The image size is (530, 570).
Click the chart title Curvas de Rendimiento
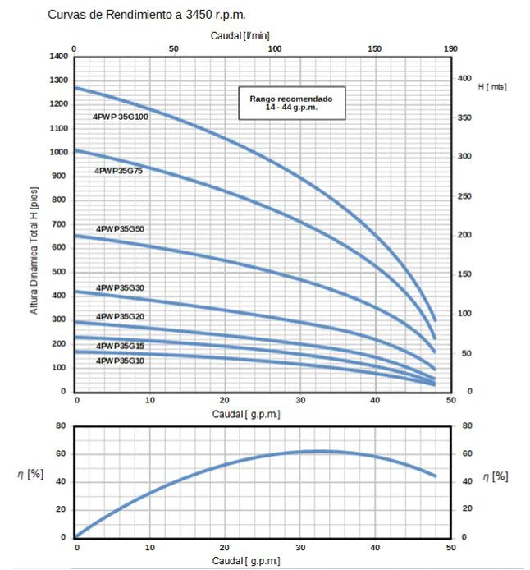tap(147, 15)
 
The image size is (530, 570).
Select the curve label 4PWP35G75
tap(119, 171)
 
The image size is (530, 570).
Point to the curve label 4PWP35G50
tap(120, 228)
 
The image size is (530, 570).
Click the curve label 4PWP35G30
tap(120, 288)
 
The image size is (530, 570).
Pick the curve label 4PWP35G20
tap(120, 316)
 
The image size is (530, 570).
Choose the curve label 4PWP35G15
tap(120, 347)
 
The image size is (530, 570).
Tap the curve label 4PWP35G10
tap(120, 361)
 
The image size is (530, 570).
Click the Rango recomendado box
tap(292, 103)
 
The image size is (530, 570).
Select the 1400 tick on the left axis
tap(57, 57)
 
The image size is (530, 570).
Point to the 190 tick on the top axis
tap(450, 49)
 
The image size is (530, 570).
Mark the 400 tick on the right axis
tap(465, 78)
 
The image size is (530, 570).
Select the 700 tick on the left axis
tap(60, 224)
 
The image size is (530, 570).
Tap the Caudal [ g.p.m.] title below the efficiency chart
tap(246, 560)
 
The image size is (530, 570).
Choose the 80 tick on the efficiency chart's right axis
tap(467, 425)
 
